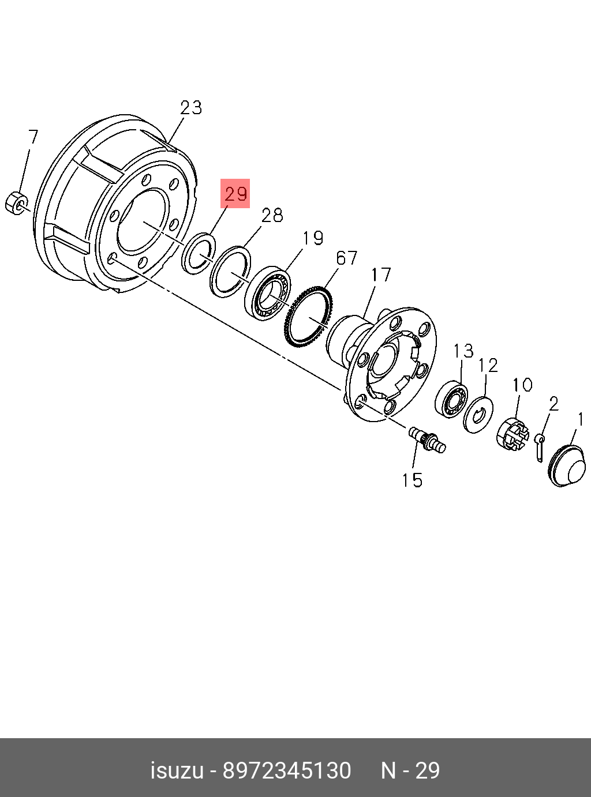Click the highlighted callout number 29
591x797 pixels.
coord(236,193)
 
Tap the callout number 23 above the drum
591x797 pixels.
coord(191,107)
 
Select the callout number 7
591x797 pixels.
coord(33,137)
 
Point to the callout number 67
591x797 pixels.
coord(346,258)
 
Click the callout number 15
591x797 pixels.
coord(412,480)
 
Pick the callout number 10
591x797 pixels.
coord(522,385)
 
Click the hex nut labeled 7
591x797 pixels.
coord(16,203)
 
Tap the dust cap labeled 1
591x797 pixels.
coord(567,466)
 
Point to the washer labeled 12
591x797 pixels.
coord(478,413)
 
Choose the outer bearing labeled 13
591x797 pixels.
coord(451,398)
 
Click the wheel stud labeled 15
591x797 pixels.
coord(428,439)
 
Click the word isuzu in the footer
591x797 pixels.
coord(177,770)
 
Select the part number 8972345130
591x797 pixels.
coord(287,770)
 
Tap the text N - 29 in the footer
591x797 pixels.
coord(410,770)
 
